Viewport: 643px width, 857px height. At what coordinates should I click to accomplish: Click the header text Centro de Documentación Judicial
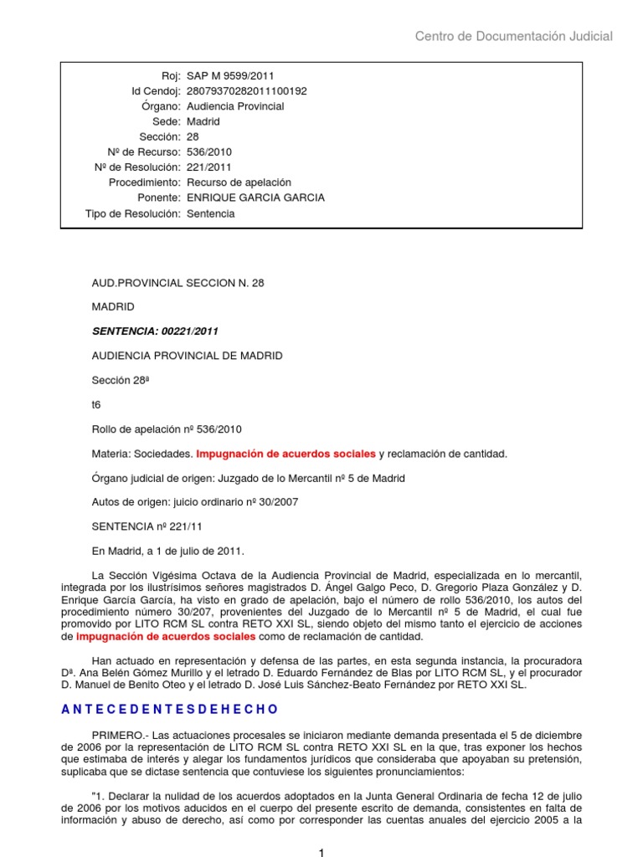coord(514,36)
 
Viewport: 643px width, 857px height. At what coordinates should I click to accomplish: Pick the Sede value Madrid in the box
coord(203,121)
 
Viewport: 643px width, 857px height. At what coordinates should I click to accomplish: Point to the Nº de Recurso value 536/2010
coord(209,152)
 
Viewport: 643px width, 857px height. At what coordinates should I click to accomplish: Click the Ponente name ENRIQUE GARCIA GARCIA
coord(255,198)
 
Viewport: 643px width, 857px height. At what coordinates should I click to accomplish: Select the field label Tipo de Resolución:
coord(133,213)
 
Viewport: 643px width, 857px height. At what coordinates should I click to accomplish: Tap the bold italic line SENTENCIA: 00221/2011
coord(158,331)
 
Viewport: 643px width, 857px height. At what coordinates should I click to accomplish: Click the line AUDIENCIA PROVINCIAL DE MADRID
coord(187,356)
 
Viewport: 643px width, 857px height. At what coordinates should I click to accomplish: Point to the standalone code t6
coord(96,404)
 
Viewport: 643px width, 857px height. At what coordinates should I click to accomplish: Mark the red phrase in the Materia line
coord(285,454)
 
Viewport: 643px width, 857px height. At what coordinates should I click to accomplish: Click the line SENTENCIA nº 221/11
coord(142,526)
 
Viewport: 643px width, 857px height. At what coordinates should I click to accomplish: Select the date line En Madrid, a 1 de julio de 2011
coord(167,551)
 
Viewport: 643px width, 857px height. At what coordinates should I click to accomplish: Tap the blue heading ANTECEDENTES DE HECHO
coord(169,709)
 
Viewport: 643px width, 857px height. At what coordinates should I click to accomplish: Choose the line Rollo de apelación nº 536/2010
coord(166,429)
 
